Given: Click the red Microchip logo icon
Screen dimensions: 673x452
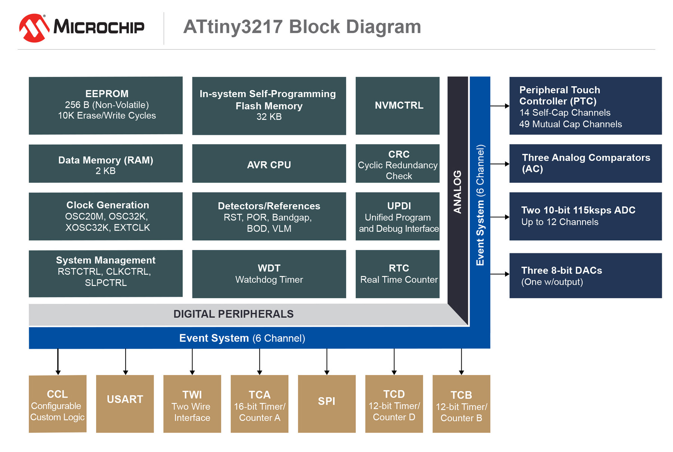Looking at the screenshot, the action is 34,28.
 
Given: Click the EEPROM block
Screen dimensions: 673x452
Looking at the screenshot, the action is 106,105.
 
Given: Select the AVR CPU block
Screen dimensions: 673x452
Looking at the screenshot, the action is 269,164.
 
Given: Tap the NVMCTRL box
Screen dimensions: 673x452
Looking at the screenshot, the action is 397,105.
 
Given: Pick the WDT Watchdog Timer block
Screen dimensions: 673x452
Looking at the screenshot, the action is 269,274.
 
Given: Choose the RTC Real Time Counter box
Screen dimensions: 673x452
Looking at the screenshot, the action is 397,274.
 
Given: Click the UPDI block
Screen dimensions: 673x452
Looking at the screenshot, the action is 397,216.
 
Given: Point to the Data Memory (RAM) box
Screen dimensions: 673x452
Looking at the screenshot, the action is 106,164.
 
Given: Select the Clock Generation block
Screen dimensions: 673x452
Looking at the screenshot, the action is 106,216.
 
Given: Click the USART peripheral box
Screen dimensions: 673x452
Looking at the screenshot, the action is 125,404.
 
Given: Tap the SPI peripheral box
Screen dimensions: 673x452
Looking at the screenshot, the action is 327,404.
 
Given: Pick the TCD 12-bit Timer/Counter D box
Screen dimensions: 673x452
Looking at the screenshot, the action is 394,404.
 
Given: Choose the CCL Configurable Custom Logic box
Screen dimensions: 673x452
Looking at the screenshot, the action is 58,404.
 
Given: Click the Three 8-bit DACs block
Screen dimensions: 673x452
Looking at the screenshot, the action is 586,276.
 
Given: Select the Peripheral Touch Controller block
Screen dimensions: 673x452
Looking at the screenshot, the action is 586,105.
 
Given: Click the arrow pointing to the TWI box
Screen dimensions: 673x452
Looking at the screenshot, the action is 192,362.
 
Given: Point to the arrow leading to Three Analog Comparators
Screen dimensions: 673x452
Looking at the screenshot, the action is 500,164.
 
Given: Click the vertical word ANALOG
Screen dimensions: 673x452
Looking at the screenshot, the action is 457,192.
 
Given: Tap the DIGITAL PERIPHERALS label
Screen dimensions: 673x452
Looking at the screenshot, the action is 234,314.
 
